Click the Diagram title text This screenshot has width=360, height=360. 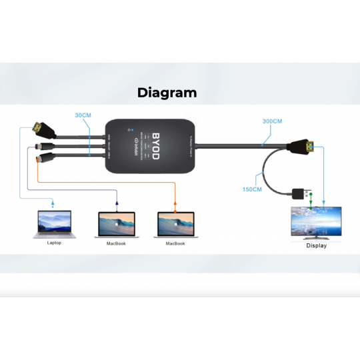point(167,93)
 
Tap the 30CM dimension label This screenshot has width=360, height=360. point(83,115)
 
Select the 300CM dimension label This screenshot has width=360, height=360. point(272,121)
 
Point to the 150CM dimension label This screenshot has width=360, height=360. point(253,189)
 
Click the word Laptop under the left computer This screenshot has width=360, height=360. point(54,243)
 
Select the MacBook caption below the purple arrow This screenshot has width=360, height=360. point(116,244)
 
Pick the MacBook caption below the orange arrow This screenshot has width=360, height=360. point(175,244)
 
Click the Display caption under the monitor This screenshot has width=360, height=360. point(317,246)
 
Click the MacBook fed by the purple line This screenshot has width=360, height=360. point(117,225)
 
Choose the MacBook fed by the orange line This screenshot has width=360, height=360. point(176,225)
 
